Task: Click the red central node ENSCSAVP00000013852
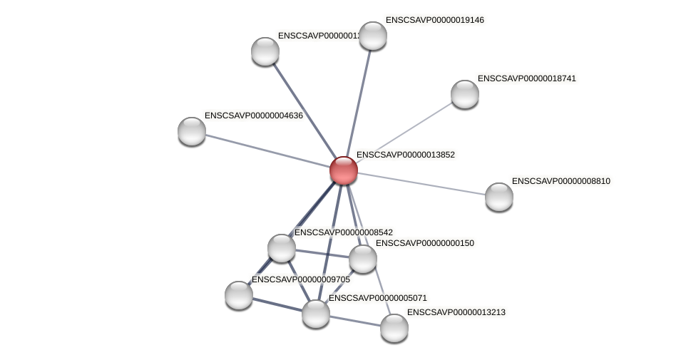point(343,170)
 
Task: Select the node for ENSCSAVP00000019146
point(372,36)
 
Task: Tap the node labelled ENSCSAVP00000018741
point(464,93)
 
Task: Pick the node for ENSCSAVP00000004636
point(191,130)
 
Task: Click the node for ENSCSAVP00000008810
point(498,196)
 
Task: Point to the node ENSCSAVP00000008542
point(282,247)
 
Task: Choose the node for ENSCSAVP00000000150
point(362,258)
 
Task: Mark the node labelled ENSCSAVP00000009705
point(238,294)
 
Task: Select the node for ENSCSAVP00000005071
point(315,313)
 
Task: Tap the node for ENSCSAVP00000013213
point(394,327)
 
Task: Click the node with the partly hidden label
point(265,51)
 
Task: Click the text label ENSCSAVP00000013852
point(405,155)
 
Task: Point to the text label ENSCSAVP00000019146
point(434,20)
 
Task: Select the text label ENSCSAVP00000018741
point(526,78)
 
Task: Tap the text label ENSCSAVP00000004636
point(253,115)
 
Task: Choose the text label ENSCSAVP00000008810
point(561,181)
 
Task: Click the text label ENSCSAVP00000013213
point(456,312)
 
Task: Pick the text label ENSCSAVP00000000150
point(424,243)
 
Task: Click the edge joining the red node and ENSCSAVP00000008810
point(421,183)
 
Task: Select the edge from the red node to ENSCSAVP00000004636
point(267,150)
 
